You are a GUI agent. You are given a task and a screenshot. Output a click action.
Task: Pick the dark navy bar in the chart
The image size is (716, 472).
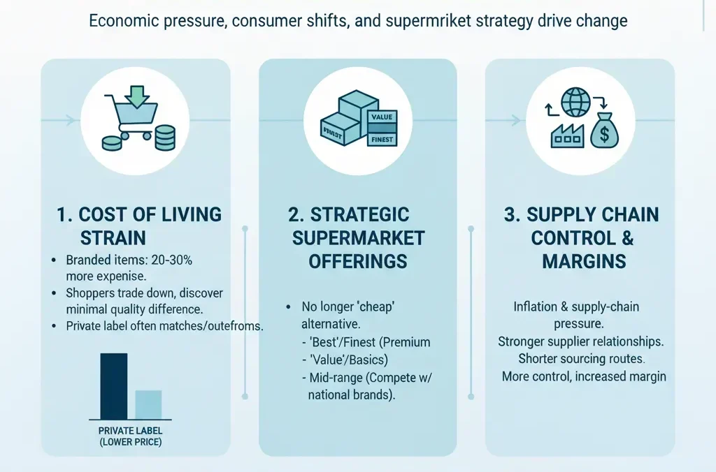(114, 385)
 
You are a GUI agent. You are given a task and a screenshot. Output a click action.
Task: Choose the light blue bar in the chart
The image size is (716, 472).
(148, 404)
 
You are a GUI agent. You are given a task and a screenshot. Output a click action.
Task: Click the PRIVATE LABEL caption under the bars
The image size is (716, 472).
(130, 431)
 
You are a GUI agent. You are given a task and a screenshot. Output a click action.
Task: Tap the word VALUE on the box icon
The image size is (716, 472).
(382, 117)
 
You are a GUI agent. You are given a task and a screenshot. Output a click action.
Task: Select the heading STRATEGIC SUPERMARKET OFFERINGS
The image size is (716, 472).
(358, 237)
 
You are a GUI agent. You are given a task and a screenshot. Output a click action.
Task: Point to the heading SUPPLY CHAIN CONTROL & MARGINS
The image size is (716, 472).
(582, 237)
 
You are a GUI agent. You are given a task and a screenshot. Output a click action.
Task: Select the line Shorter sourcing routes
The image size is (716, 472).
(582, 359)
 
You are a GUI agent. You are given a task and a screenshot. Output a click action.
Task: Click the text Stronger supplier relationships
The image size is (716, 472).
(580, 341)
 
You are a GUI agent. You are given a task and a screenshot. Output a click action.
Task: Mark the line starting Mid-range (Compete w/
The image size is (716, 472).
(372, 378)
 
